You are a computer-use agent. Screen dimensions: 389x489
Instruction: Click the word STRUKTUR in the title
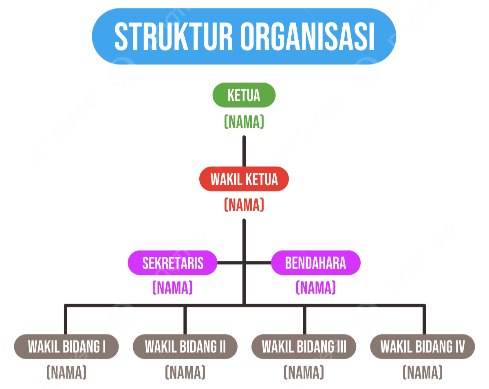click(x=173, y=36)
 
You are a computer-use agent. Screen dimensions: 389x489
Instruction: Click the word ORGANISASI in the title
click(x=307, y=36)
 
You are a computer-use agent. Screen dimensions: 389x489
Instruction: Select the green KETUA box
click(x=244, y=95)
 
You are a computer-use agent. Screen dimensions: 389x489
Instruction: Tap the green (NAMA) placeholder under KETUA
click(x=244, y=122)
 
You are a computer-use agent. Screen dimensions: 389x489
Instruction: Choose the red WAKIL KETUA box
click(x=244, y=179)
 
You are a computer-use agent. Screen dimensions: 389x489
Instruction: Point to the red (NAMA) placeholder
click(x=244, y=205)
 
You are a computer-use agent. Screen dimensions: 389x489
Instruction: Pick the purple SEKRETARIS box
click(x=172, y=263)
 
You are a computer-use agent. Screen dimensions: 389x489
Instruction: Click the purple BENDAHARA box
click(x=315, y=263)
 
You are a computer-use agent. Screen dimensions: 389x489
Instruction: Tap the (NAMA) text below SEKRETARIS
click(x=172, y=288)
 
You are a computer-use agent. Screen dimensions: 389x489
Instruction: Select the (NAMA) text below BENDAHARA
click(x=315, y=288)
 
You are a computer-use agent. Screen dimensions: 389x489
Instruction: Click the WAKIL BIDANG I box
click(x=66, y=347)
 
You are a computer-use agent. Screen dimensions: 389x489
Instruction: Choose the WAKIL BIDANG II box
click(x=185, y=347)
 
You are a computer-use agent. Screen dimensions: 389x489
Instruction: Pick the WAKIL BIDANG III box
click(x=304, y=347)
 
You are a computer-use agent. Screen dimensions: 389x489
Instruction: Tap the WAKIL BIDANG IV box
click(x=423, y=347)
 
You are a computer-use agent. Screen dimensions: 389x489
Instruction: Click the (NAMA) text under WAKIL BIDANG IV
click(x=423, y=372)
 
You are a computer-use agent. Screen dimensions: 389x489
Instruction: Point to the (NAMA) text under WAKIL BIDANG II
click(x=185, y=372)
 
